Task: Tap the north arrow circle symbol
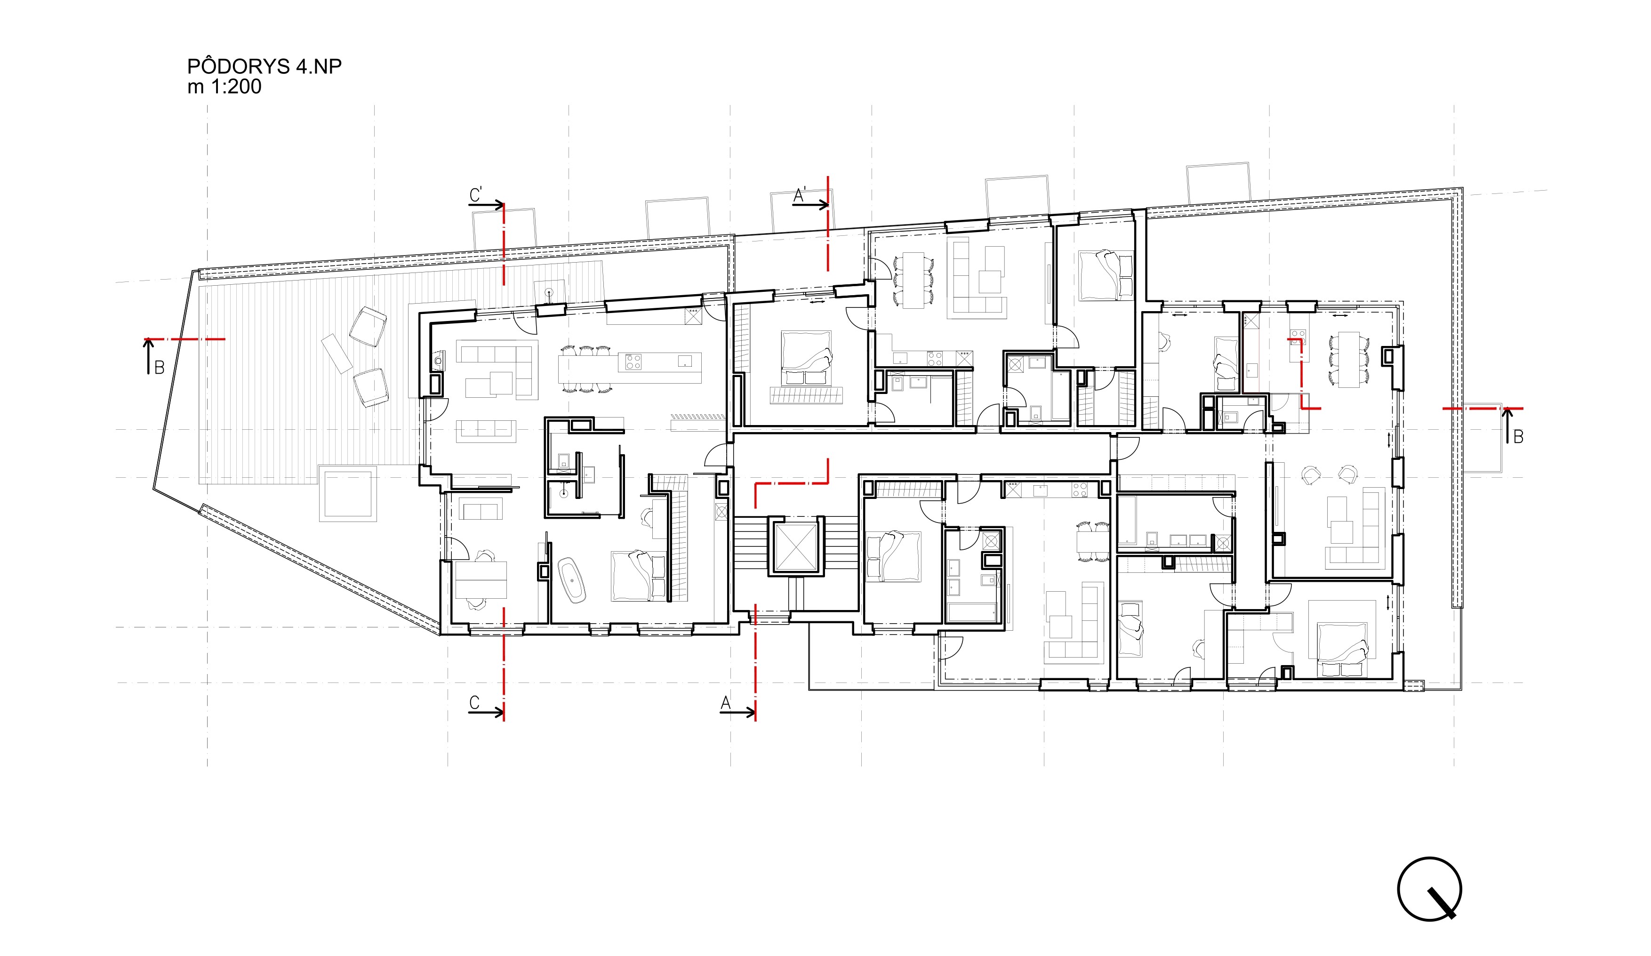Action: point(1429,889)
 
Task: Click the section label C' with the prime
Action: point(476,194)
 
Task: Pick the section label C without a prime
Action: point(474,702)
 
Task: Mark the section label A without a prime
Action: point(725,703)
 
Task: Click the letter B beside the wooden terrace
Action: point(159,368)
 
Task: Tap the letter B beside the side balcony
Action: point(1518,436)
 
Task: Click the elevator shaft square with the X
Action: point(795,546)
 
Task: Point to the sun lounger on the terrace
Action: point(337,353)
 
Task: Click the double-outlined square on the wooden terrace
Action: point(348,493)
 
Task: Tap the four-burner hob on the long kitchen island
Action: point(633,362)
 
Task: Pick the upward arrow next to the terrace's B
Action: point(149,356)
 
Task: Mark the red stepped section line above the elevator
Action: point(792,483)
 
